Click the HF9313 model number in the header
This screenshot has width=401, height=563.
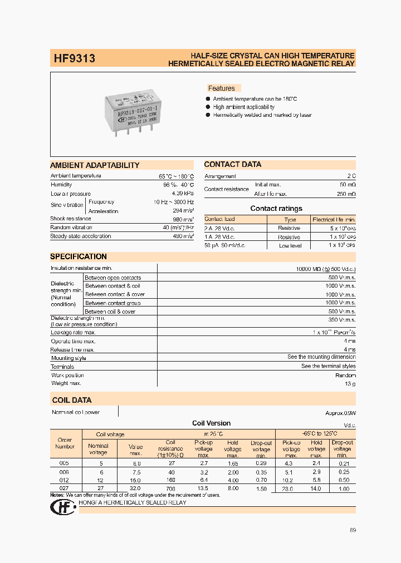click(74, 58)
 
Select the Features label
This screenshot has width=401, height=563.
click(222, 88)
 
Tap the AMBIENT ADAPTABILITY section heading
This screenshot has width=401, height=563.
click(95, 165)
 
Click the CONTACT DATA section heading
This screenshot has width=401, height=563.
click(232, 165)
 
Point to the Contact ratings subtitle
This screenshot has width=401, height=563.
click(276, 209)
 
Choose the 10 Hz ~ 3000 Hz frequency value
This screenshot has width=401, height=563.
click(174, 202)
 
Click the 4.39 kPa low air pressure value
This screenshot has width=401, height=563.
click(183, 194)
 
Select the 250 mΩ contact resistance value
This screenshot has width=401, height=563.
click(346, 194)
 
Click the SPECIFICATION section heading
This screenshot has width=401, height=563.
click(79, 256)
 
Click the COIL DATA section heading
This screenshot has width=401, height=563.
click(72, 400)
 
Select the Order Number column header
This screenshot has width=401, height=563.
click(65, 443)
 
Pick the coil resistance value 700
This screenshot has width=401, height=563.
click(170, 488)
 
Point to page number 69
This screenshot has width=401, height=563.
click(353, 530)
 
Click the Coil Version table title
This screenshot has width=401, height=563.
click(211, 423)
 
